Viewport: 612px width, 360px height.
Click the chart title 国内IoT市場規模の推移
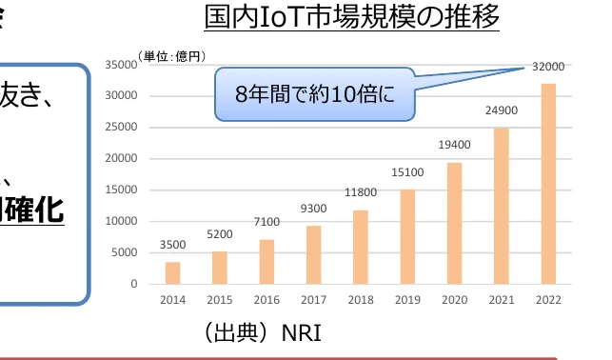pos(351,17)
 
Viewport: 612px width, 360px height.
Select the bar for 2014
pos(172,272)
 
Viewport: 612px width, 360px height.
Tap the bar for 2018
pos(360,247)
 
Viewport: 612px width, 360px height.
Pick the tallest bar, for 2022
pos(547,184)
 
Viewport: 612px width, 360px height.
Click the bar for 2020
pos(454,223)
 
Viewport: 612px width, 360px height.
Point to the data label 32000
pos(547,67)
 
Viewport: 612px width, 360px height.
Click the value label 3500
pos(172,245)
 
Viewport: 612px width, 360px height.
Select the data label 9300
pos(313,209)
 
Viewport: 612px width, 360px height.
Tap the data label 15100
pos(407,172)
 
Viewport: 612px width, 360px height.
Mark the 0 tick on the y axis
pos(134,284)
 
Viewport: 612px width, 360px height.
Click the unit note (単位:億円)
pos(171,56)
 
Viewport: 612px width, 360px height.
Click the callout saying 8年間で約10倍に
pos(315,94)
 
